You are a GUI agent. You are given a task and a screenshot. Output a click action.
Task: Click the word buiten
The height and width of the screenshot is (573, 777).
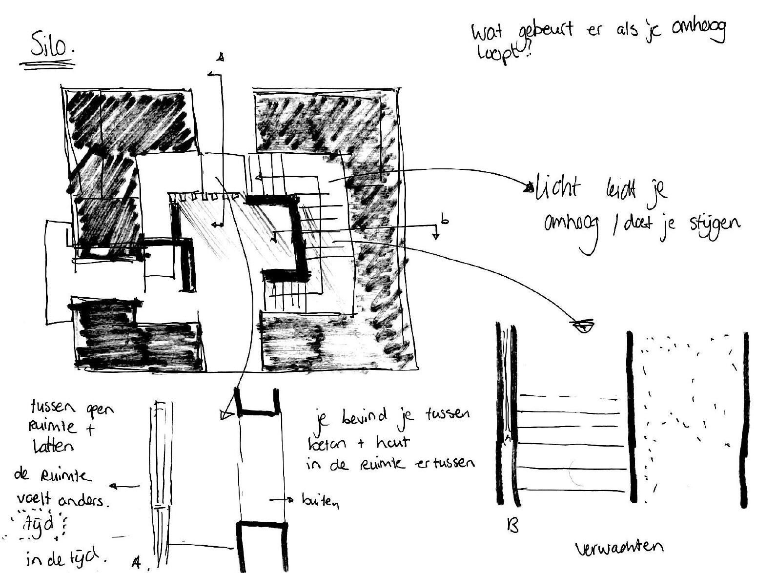pos(320,501)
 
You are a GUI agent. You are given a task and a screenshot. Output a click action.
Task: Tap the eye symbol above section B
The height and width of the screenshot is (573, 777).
pos(584,325)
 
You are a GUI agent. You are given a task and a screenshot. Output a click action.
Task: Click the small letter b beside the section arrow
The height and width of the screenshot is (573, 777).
pos(444,220)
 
